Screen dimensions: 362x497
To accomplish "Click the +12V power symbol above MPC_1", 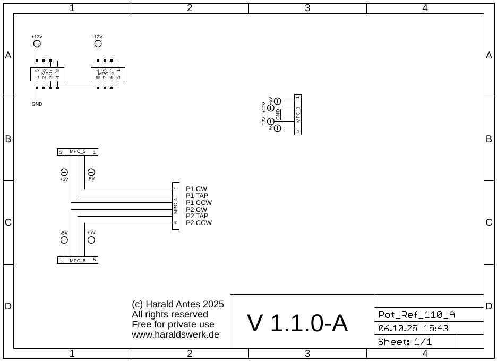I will click(x=37, y=44).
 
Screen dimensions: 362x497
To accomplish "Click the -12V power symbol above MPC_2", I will click(x=98, y=44).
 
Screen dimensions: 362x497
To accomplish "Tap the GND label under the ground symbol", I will click(x=37, y=105).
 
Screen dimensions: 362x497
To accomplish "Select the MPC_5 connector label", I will click(x=78, y=152).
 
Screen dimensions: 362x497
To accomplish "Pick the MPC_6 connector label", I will click(x=78, y=261).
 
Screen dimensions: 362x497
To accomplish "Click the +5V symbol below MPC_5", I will click(x=64, y=172).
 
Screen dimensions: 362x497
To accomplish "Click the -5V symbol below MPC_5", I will click(x=91, y=172).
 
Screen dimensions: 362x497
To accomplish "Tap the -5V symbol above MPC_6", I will click(x=64, y=240).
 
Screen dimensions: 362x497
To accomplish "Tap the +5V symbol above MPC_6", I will click(x=91, y=240).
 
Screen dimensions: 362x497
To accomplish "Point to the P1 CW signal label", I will click(x=196, y=189).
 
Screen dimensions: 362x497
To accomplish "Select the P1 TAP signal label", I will click(x=197, y=196).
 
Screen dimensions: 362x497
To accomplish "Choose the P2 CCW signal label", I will click(x=199, y=223).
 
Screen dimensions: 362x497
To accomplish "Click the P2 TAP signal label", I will click(x=197, y=216).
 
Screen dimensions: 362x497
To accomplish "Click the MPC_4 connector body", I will click(x=176, y=206).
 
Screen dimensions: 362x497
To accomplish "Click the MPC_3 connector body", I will click(x=298, y=115).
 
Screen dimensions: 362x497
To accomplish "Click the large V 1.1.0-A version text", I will click(x=297, y=323).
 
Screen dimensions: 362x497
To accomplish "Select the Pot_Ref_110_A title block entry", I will click(x=417, y=314).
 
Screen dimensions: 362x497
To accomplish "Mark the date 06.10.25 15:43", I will click(x=413, y=328).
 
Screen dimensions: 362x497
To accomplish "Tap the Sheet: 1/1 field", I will click(x=405, y=342).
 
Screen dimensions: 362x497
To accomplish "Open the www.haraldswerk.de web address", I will click(x=175, y=335).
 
